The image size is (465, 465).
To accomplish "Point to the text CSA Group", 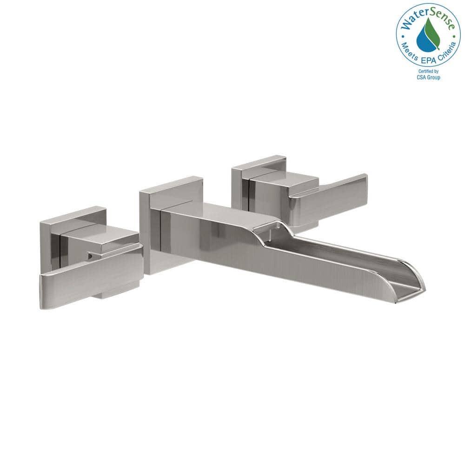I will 429,77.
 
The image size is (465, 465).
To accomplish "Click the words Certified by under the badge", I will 429,72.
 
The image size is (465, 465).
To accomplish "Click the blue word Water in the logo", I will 412,21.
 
